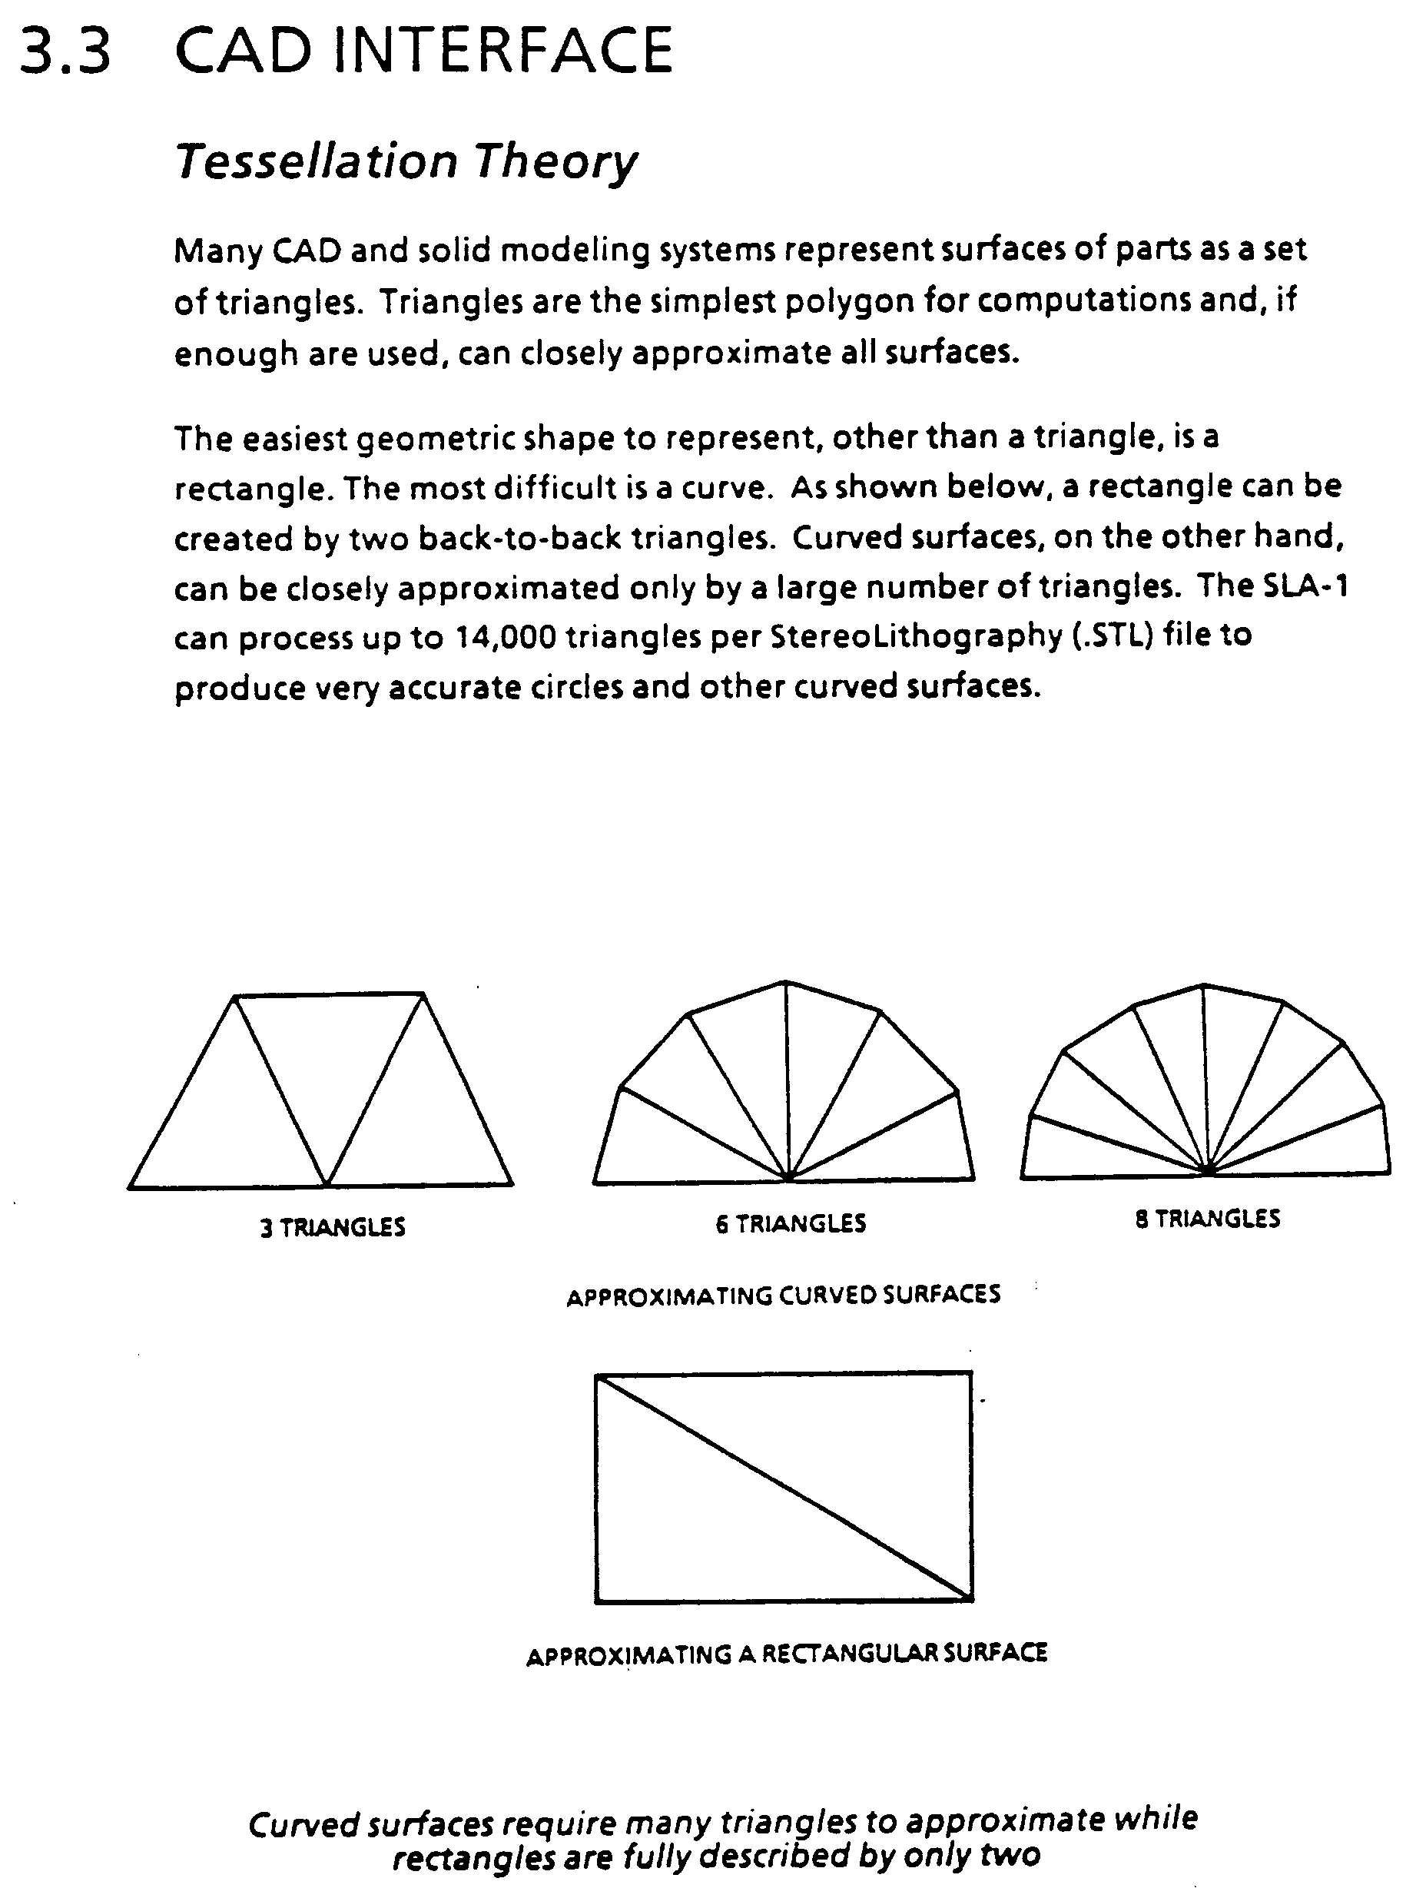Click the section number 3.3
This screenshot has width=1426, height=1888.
coord(66,51)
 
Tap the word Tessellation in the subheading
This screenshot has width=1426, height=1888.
coord(317,161)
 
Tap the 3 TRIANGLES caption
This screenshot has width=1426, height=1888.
coord(333,1227)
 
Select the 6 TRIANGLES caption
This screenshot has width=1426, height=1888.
coord(791,1224)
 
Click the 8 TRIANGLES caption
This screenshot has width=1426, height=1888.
coord(1207,1219)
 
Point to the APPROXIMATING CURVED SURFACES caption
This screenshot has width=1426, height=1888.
coord(784,1296)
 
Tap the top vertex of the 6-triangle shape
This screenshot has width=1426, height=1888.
coord(785,982)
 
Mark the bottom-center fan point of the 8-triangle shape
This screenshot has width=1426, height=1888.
coord(1209,1170)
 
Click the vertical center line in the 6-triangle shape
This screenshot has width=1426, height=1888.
coord(787,1084)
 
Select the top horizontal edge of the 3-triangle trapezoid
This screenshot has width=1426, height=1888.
coord(330,995)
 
